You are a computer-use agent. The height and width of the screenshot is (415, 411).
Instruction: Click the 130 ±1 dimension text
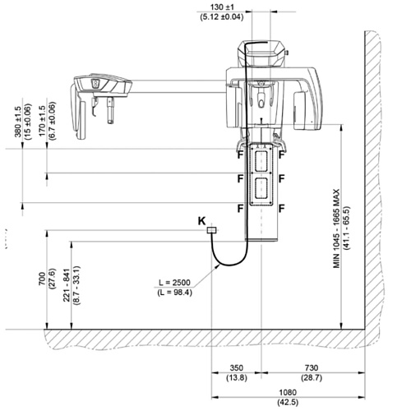[x=222, y=7]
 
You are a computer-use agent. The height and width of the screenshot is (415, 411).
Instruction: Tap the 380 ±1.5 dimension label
[x=18, y=122]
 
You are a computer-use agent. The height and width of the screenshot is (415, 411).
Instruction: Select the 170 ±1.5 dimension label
[x=42, y=122]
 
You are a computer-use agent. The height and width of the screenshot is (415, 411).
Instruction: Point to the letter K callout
[x=202, y=221]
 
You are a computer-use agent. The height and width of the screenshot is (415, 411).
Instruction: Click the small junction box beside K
[x=211, y=230]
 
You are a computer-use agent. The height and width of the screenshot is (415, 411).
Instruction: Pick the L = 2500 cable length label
[x=174, y=283]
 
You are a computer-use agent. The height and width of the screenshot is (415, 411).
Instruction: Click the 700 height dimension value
[x=42, y=279]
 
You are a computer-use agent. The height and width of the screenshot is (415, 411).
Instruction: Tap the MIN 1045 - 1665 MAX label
[x=336, y=228]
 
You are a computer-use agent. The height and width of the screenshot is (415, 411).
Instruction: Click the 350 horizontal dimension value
[x=237, y=367]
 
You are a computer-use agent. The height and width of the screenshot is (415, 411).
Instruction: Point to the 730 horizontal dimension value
[x=312, y=367]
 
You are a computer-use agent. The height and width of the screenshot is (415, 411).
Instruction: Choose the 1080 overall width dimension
[x=288, y=392]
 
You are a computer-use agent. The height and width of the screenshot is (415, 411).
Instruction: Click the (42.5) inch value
[x=288, y=402]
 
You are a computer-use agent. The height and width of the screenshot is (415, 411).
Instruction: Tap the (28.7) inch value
[x=312, y=378]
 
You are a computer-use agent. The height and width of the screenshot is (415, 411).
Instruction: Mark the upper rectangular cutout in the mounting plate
[x=261, y=161]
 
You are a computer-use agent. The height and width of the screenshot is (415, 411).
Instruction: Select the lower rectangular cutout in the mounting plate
[x=261, y=188]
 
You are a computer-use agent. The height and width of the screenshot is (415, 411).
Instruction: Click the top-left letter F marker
[x=240, y=154]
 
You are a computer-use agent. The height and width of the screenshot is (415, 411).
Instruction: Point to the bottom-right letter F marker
[x=282, y=209]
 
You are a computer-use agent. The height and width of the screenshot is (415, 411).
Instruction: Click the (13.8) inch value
[x=237, y=378]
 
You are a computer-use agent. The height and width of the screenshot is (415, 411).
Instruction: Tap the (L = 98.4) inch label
[x=174, y=293]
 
